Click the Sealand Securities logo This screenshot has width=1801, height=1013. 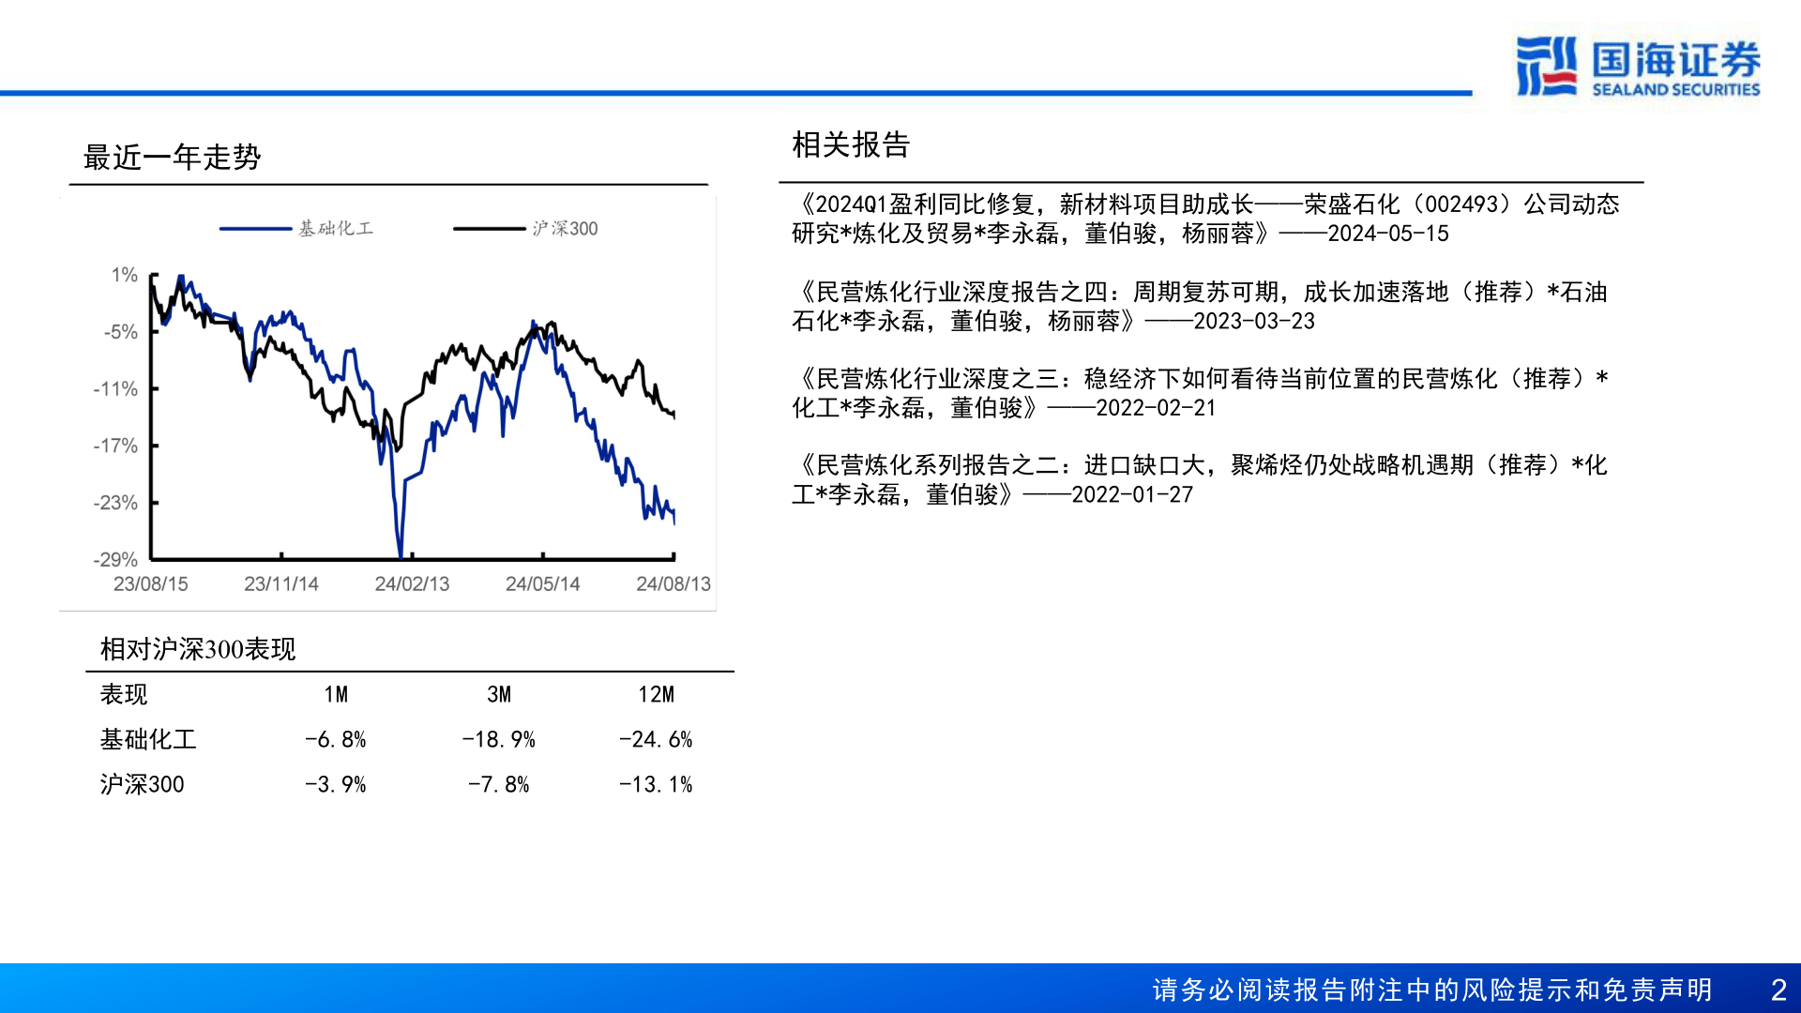click(x=1638, y=66)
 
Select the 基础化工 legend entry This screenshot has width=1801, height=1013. click(x=296, y=228)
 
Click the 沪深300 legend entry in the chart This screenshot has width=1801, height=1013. click(x=525, y=228)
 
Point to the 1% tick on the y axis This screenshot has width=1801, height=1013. click(x=124, y=275)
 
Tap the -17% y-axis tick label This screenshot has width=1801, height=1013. click(x=115, y=446)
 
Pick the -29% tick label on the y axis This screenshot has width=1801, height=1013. click(x=115, y=560)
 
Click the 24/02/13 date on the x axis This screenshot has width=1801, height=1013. click(x=412, y=583)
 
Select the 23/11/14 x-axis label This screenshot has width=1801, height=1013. click(x=281, y=583)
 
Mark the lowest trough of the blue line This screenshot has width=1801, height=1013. click(x=401, y=556)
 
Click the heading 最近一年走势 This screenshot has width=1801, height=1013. click(x=172, y=157)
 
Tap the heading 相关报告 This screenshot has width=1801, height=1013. click(x=851, y=144)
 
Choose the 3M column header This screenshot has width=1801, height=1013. click(x=499, y=694)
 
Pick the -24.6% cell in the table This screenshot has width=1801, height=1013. click(x=656, y=739)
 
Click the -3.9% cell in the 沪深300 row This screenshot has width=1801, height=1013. click(x=335, y=784)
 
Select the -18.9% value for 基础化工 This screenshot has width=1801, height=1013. click(x=498, y=739)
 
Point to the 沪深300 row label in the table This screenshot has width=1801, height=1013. click(x=142, y=784)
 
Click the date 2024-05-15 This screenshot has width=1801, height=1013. click(x=1388, y=234)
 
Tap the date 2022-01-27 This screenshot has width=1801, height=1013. click(x=1132, y=494)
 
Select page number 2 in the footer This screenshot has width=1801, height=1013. click(x=1778, y=990)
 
